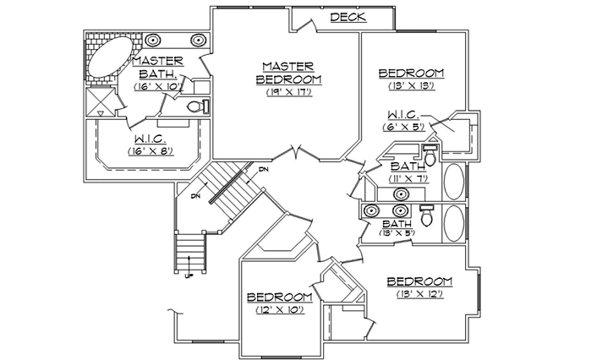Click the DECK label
point(347,17)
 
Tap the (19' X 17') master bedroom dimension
point(288,92)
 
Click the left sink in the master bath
point(154,40)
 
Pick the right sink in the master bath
point(200,40)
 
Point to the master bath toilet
point(196,106)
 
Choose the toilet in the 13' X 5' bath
point(427,218)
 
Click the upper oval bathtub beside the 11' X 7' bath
point(454,181)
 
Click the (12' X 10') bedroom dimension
point(279,310)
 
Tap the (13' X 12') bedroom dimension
point(419,293)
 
